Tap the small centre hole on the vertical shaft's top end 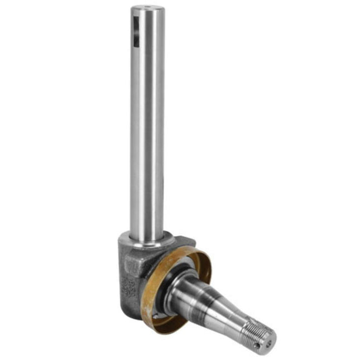[147, 8]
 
